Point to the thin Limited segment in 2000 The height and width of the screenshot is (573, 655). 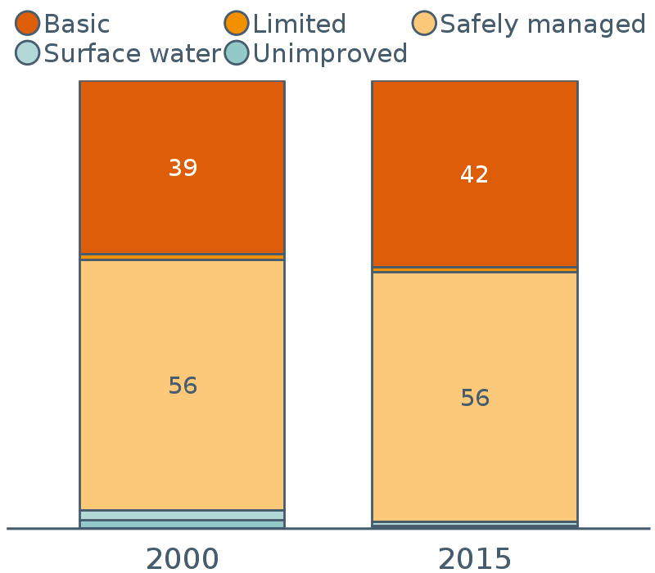pyautogui.click(x=182, y=257)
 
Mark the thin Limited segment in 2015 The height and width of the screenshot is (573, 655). pyautogui.click(x=474, y=269)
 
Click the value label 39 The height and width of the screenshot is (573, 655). pyautogui.click(x=183, y=169)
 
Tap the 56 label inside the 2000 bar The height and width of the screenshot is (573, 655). pyautogui.click(x=183, y=386)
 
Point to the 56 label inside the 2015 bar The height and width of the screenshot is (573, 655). pyautogui.click(x=475, y=399)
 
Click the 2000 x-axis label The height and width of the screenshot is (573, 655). pyautogui.click(x=182, y=558)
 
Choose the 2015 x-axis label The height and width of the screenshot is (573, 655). pyautogui.click(x=475, y=558)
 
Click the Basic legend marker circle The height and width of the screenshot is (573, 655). pyautogui.click(x=27, y=24)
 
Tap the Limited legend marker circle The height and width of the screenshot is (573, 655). pyautogui.click(x=237, y=24)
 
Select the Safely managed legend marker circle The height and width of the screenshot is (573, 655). pyautogui.click(x=424, y=24)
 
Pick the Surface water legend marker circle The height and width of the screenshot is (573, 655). pyautogui.click(x=27, y=53)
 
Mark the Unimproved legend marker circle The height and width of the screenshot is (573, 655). pyautogui.click(x=237, y=53)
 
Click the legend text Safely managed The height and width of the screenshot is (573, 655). pyautogui.click(x=543, y=25)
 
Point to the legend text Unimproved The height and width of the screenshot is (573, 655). pyautogui.click(x=330, y=54)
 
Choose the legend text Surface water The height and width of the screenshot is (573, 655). pyautogui.click(x=132, y=54)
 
